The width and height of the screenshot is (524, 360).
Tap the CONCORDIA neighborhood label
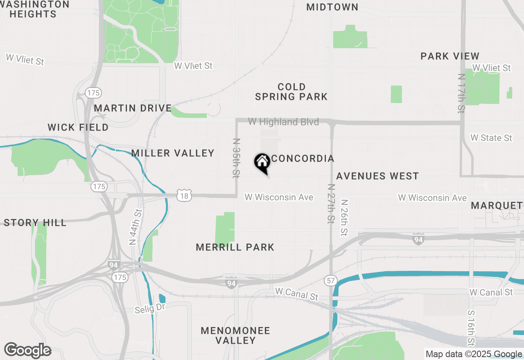pos(303,159)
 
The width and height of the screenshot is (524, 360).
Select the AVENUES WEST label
pos(377,176)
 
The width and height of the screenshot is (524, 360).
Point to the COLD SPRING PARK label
pos(291,92)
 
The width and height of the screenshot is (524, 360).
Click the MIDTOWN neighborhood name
pos(332,7)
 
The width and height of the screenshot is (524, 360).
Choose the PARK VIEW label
pos(450,56)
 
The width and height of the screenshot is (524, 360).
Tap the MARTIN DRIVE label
pos(133,108)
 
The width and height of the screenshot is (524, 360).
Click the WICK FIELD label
pos(78,128)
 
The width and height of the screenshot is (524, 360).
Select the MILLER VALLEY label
pos(173,153)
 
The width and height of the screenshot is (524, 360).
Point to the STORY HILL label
pos(35,223)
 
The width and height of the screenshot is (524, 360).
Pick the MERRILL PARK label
pos(235,248)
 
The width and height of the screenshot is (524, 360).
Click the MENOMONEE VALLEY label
pos(235,335)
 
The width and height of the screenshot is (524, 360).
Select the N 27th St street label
pos(331,203)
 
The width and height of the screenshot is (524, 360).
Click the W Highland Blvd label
pos(283,122)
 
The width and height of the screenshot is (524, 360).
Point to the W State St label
pos(491,138)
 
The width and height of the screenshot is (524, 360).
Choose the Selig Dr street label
pos(150,308)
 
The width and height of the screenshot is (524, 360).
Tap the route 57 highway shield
pos(331,281)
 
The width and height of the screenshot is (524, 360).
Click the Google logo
pos(27,351)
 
